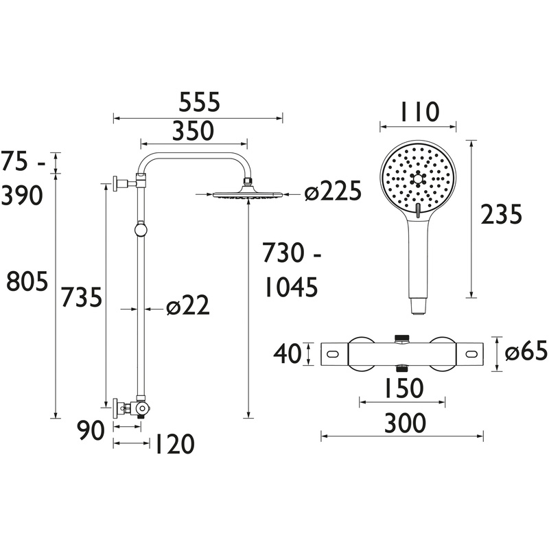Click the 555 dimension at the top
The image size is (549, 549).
tap(199, 102)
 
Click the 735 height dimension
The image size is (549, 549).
tap(82, 298)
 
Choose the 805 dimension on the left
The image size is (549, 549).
tap(26, 281)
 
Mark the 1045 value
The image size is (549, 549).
tap(290, 288)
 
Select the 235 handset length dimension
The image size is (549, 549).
tap(501, 215)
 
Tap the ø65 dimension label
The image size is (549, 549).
tap(526, 353)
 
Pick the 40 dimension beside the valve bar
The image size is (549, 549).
tap(288, 354)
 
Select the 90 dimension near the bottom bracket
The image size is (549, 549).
tap(91, 431)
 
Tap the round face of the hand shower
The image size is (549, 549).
tap(417, 180)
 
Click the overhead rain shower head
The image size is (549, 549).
tap(247, 194)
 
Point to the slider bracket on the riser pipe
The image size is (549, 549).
tap(141, 229)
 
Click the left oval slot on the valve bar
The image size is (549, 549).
tap(333, 354)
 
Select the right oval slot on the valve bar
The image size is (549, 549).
tap(472, 354)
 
